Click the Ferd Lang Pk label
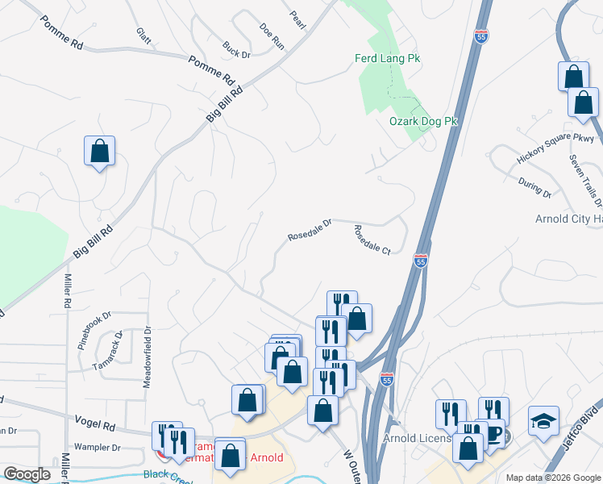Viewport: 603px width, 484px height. pyautogui.click(x=388, y=58)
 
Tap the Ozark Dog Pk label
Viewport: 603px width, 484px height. pyautogui.click(x=423, y=121)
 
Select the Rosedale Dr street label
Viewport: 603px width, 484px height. pyautogui.click(x=310, y=230)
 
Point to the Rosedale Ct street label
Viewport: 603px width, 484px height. pyautogui.click(x=372, y=240)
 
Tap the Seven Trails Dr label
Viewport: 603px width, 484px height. pyautogui.click(x=585, y=180)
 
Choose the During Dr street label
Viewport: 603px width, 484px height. pyautogui.click(x=534, y=189)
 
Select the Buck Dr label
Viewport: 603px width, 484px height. pyautogui.click(x=237, y=49)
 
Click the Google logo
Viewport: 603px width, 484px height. pyautogui.click(x=27, y=474)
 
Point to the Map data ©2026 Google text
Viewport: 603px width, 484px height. pyautogui.click(x=552, y=477)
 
